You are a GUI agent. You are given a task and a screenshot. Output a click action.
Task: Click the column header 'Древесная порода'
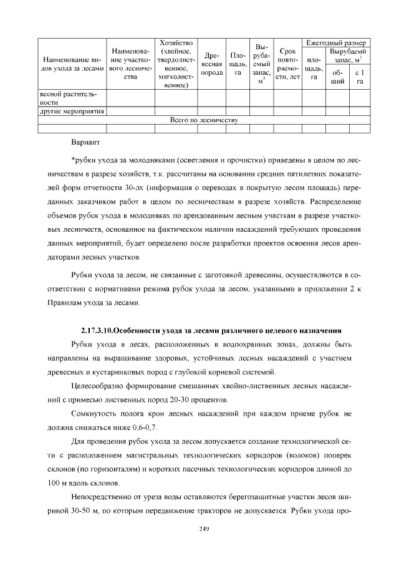pyautogui.click(x=213, y=64)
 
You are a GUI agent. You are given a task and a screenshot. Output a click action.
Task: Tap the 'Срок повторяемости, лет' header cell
pyautogui.click(x=287, y=64)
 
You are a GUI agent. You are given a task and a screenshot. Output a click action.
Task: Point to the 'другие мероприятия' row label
pyautogui.click(x=70, y=112)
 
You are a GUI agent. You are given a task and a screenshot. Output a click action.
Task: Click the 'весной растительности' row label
pyautogui.click(x=70, y=98)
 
